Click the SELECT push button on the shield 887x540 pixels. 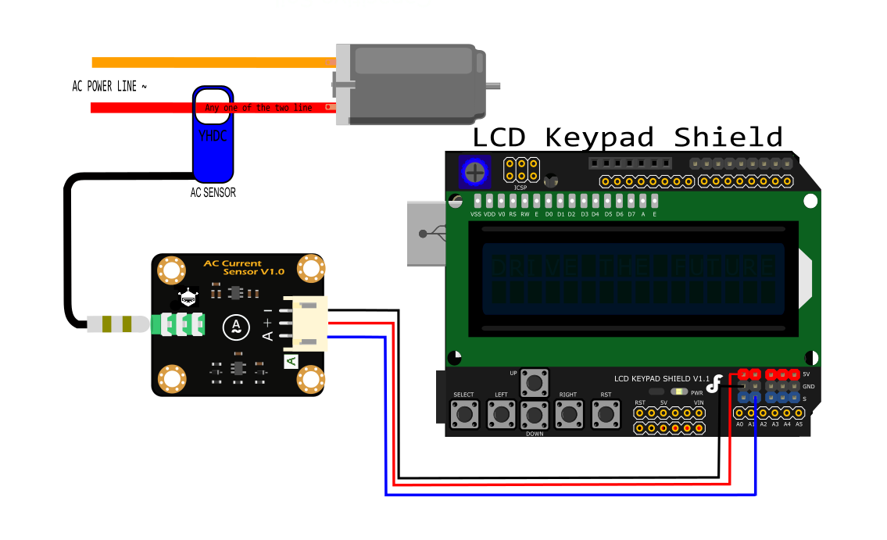coord(464,413)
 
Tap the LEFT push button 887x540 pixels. coord(500,413)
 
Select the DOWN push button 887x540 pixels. coord(535,413)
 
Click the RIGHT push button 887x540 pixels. coord(568,413)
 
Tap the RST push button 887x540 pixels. coord(605,413)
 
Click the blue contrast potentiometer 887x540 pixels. coord(473,170)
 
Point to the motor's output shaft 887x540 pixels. coord(492,84)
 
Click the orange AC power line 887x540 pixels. coord(211,63)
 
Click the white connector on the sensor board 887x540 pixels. coord(305,322)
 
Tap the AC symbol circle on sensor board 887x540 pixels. coord(234,327)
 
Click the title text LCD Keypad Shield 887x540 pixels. coord(627,137)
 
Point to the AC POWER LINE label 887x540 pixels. coord(109,86)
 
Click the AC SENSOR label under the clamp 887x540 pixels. coord(213,192)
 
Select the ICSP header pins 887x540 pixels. coord(521,169)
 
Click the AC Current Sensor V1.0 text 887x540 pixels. coord(244,267)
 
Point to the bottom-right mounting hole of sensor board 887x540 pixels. coord(310,381)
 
